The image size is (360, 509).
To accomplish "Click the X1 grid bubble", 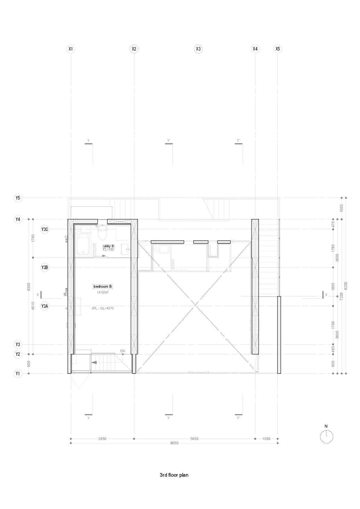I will point(70,49).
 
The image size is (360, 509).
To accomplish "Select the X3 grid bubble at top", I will point(198,49).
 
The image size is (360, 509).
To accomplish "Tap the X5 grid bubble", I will point(278,49).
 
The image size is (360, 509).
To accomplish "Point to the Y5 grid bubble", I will point(18,198).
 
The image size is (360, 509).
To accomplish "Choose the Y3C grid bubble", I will point(44,229).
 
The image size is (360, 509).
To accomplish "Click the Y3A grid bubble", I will point(44,306).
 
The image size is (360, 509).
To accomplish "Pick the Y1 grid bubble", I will point(18,374).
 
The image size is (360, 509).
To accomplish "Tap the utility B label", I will point(108,246).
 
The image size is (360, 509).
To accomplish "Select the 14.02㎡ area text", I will point(103,292).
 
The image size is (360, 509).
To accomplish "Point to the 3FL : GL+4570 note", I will point(103,309).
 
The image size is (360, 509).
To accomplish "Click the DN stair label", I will point(123,351).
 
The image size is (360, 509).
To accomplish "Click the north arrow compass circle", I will point(326,437).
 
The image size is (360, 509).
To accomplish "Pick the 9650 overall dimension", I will point(174,443).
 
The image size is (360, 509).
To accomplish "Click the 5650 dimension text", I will point(194,439).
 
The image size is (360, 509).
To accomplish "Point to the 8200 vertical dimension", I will point(346,286).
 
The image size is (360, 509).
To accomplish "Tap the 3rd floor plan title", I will point(174,475).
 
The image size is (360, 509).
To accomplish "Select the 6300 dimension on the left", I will point(28,287).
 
